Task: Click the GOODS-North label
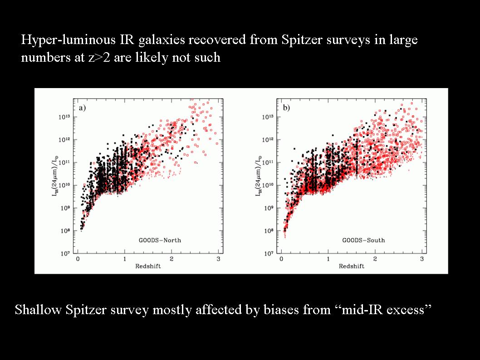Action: coord(160,240)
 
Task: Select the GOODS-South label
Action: coord(363,240)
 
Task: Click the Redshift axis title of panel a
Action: coord(148,266)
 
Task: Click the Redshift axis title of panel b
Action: coord(352,266)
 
